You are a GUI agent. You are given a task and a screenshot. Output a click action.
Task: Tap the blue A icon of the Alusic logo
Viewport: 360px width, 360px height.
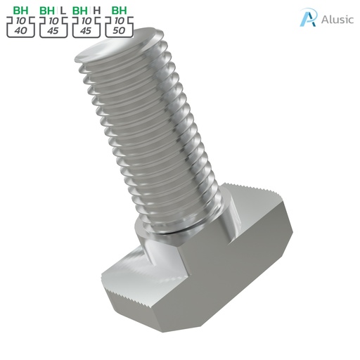(307, 18)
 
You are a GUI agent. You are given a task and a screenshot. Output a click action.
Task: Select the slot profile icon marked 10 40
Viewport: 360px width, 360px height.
(21, 27)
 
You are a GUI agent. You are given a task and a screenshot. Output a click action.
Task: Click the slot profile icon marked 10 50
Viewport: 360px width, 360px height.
(120, 27)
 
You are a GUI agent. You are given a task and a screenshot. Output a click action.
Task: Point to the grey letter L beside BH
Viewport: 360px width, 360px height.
(63, 11)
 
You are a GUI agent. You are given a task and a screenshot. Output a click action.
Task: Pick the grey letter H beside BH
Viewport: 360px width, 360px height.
(96, 11)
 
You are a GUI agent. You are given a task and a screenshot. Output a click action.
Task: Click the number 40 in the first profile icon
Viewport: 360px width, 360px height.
(21, 32)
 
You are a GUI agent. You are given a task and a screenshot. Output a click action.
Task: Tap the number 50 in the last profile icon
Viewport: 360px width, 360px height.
(120, 32)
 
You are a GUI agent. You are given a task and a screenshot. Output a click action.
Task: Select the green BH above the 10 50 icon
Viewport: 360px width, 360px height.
(120, 11)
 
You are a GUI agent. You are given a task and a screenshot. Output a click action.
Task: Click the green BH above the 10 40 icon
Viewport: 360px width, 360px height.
(21, 11)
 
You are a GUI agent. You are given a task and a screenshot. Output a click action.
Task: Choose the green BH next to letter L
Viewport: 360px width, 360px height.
(48, 11)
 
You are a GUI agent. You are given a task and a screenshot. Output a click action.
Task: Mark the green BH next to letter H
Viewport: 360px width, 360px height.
(81, 11)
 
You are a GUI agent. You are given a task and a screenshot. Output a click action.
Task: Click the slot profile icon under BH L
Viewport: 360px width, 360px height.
(54, 27)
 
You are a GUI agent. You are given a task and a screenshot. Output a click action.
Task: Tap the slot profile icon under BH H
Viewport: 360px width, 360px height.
(87, 27)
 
